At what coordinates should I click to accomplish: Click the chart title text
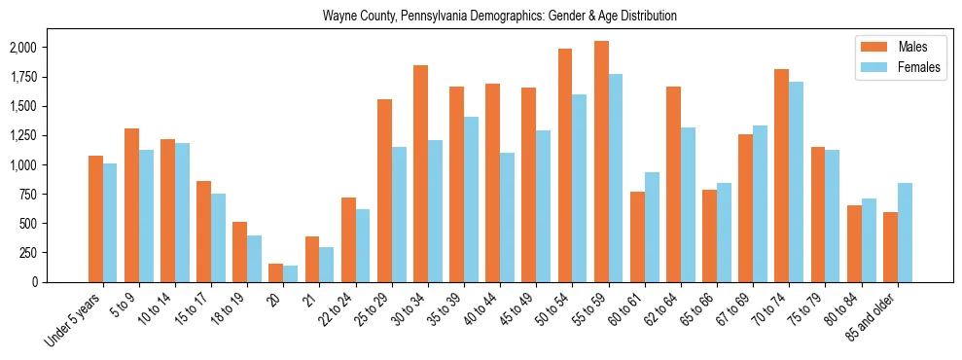500,16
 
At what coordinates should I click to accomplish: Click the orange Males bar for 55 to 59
601,162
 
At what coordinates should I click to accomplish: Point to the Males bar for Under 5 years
95,219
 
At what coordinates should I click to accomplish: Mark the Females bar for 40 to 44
508,217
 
